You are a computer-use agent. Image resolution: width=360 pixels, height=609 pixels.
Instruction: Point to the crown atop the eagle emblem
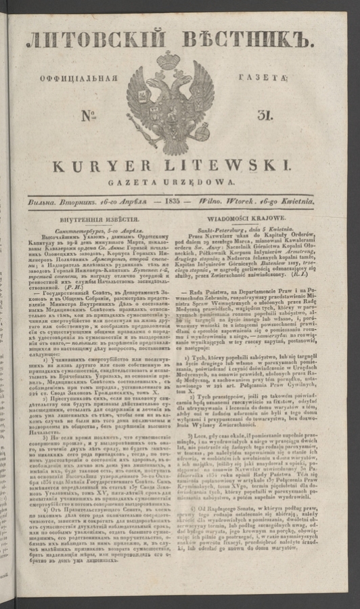click(171, 58)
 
